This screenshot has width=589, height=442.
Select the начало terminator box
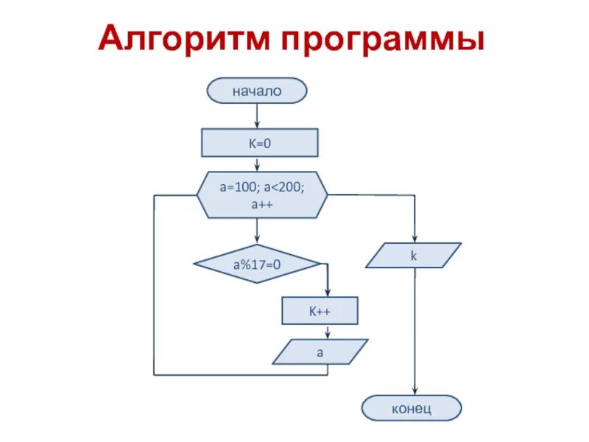pos(257,91)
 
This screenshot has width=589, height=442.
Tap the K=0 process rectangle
pos(259,143)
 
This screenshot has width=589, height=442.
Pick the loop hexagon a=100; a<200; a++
pos(262,196)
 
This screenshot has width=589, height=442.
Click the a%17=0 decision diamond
pos(257,264)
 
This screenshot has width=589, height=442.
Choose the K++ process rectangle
pos(320,311)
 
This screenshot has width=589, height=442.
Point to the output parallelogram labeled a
pos(320,352)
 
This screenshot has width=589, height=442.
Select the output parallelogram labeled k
pos(413,256)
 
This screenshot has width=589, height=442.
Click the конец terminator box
pos(412,407)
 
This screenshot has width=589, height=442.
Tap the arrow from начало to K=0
pos(257,116)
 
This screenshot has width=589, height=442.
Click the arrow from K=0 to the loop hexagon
pos(257,165)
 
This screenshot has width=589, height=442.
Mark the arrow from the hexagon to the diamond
pos(257,231)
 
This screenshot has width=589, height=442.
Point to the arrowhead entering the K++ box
pos(327,292)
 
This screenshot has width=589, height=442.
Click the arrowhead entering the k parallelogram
pos(415,239)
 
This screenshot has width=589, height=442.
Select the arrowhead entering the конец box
pos(415,392)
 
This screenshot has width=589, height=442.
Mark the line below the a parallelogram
pos(327,370)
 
